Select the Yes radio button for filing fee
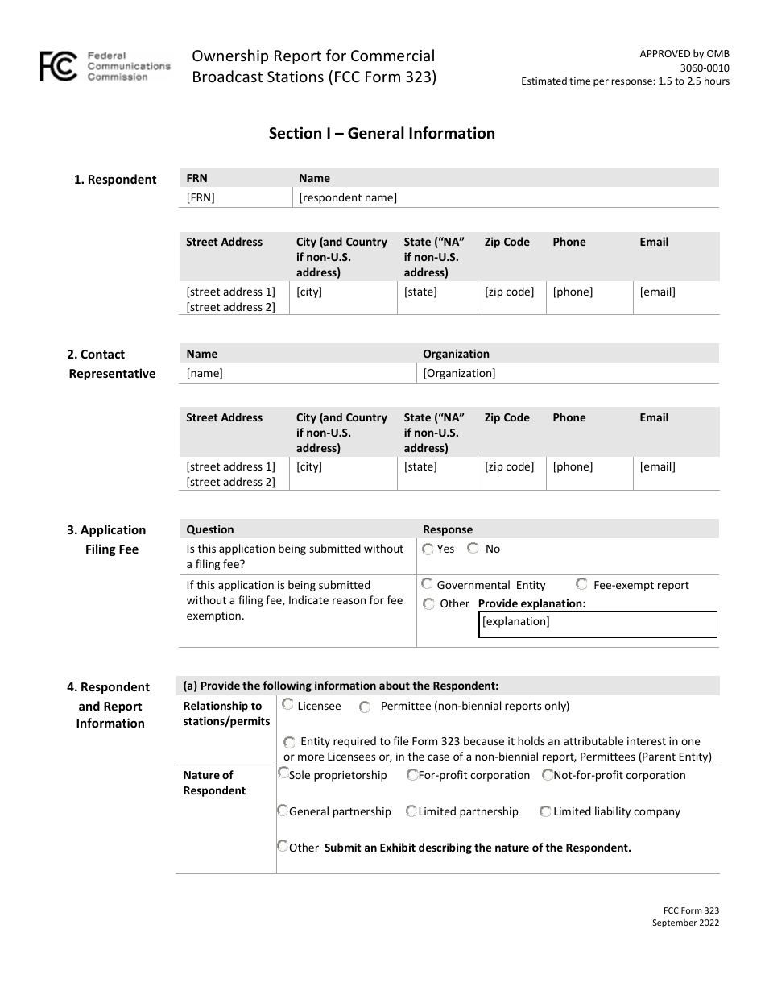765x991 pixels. coord(428,549)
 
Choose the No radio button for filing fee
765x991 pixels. coord(473,549)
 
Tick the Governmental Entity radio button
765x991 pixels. coord(428,584)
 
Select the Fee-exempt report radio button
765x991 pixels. coord(581,584)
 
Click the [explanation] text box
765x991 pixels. coord(597,624)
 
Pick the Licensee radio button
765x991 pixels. coord(287,705)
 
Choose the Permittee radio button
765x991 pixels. coord(365,707)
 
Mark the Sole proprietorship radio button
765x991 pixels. coord(283,774)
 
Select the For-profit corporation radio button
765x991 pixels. coord(411,775)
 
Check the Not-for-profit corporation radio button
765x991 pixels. coord(548,775)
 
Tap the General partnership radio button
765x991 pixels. coord(283,811)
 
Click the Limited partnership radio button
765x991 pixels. coord(411,811)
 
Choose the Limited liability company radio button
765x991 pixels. coord(545,811)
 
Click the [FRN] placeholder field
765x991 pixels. coord(201,197)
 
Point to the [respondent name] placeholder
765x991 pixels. coord(348,197)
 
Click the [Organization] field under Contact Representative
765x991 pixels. coord(459,373)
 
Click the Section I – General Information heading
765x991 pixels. coord(382,134)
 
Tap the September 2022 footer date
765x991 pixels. coord(685,923)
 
